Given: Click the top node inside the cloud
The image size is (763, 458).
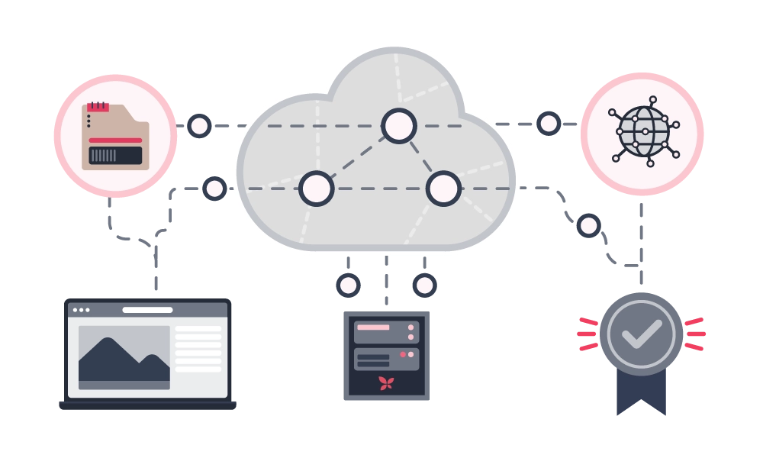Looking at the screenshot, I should pyautogui.click(x=398, y=126).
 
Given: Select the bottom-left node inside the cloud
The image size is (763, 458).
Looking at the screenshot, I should pyautogui.click(x=317, y=188).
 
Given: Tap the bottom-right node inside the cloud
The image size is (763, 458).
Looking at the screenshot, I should pyautogui.click(x=443, y=188).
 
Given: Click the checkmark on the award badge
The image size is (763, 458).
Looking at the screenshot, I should pyautogui.click(x=641, y=333).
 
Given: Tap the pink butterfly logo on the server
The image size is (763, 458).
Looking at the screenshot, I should pyautogui.click(x=386, y=383).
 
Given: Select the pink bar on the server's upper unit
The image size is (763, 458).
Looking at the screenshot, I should pyautogui.click(x=373, y=327).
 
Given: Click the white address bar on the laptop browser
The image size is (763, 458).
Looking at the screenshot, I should pyautogui.click(x=147, y=310).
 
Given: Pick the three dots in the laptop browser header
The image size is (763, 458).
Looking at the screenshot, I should pyautogui.click(x=81, y=310).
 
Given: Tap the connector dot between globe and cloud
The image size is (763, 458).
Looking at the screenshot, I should pyautogui.click(x=549, y=123).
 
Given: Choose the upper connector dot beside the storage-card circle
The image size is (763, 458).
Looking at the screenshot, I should pyautogui.click(x=199, y=125).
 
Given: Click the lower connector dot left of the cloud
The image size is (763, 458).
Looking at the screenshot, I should pyautogui.click(x=214, y=188).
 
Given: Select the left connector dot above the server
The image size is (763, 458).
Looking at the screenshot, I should pyautogui.click(x=348, y=285).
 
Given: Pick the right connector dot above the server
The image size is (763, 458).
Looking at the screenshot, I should pyautogui.click(x=424, y=285).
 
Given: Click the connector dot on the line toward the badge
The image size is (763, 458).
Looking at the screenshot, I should pyautogui.click(x=588, y=225).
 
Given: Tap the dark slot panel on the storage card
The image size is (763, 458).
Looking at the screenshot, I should pyautogui.click(x=115, y=156).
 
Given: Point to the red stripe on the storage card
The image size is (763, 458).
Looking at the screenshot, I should pyautogui.click(x=115, y=140).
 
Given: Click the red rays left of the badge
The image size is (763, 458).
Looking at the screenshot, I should pyautogui.click(x=587, y=334).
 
